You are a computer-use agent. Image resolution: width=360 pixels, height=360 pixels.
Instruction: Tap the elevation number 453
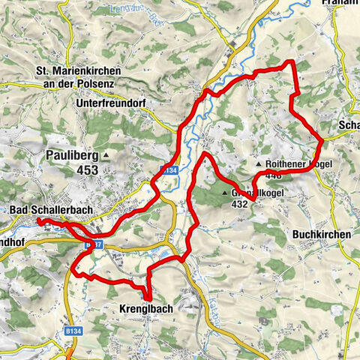tap(86, 170)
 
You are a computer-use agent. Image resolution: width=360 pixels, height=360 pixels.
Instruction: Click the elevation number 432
tap(240, 203)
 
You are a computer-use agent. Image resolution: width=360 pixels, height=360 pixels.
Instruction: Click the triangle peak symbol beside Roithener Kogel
tap(259, 163)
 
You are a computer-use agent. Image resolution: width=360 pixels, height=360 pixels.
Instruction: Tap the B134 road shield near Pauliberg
tap(167, 169)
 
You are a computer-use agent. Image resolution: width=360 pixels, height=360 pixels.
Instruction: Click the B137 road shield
tap(93, 244)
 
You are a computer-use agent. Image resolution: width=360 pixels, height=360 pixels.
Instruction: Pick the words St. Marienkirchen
tap(82, 71)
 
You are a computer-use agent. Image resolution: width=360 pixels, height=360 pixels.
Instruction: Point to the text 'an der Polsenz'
tap(82, 82)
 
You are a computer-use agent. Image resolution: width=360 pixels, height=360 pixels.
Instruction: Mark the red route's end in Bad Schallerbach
tap(37, 220)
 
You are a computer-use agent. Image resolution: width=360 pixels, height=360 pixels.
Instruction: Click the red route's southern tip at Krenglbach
tap(147, 298)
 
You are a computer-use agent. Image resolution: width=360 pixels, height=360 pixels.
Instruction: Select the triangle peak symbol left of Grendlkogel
tap(224, 193)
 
